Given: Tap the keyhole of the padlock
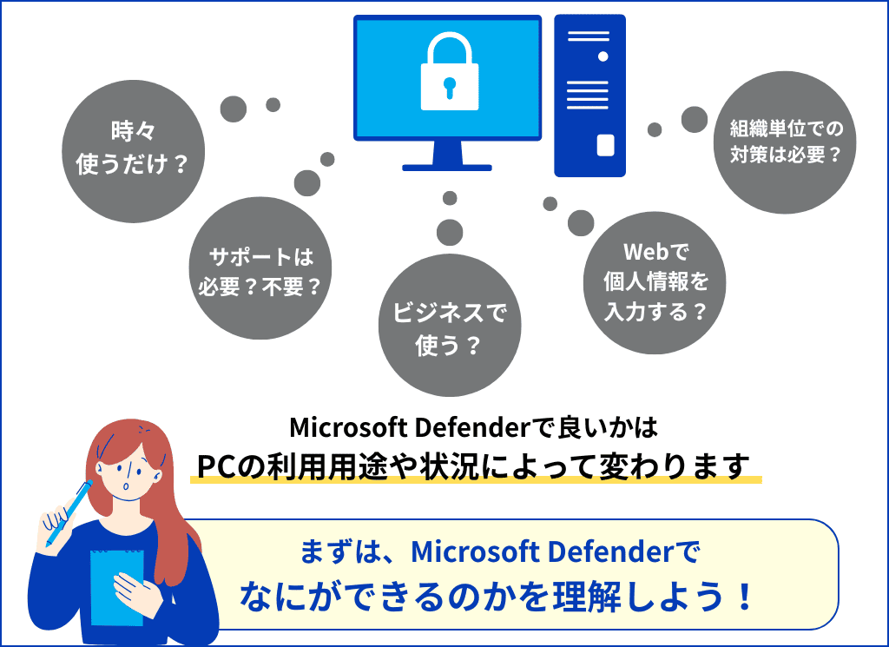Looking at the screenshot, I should (x=449, y=86).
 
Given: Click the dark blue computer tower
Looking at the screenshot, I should (x=589, y=96).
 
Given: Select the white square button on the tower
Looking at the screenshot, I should (x=604, y=143).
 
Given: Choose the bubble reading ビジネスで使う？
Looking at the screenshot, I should (x=450, y=327).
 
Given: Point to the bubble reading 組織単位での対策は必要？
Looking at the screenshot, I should (x=787, y=142).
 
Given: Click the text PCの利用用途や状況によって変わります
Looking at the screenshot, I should (x=474, y=466).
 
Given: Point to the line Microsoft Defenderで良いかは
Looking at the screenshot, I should (x=474, y=427).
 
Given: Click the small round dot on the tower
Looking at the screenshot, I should (x=603, y=56).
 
